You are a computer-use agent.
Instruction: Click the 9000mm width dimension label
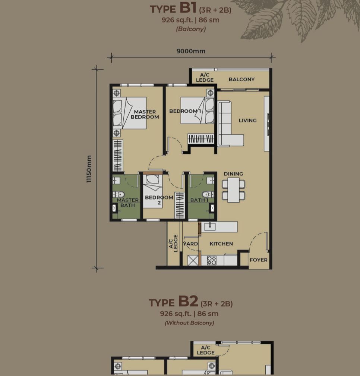(191, 51)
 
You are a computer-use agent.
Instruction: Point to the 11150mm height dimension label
(89, 169)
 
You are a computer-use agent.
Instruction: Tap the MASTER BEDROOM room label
(145, 114)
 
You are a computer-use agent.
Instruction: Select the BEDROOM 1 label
(185, 111)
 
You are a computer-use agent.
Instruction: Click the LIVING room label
(248, 120)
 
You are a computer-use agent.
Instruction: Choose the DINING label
(233, 174)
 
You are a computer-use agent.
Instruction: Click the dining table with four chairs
(234, 189)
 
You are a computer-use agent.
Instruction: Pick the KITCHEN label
(221, 244)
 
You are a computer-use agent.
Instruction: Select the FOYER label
(259, 260)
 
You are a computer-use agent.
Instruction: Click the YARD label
(191, 244)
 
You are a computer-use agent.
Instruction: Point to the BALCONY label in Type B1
(242, 79)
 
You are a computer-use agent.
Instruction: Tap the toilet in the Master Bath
(119, 194)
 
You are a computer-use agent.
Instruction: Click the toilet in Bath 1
(208, 194)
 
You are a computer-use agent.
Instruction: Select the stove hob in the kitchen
(212, 260)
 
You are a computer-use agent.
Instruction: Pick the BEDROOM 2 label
(159, 200)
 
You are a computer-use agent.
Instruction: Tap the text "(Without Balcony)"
(190, 323)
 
